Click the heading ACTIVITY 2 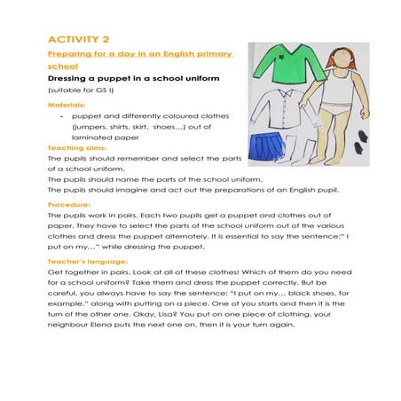pos(78,39)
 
